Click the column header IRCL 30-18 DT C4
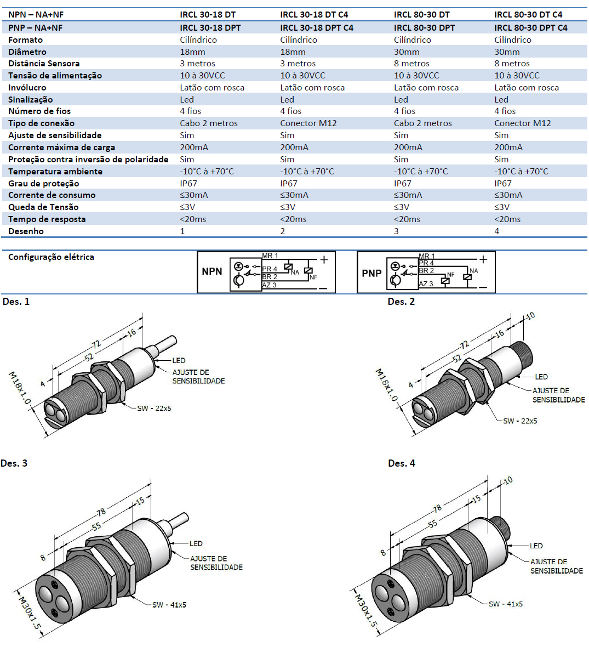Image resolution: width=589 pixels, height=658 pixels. coord(314,15)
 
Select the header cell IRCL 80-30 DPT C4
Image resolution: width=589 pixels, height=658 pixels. coord(530,27)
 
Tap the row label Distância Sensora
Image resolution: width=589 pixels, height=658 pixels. coord(44,64)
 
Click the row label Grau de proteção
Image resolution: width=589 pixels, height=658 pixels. coord(44,183)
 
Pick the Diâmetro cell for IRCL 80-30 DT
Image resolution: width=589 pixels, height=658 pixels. coord(407,52)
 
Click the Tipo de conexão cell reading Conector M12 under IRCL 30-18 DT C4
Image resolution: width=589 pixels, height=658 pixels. coord(308,123)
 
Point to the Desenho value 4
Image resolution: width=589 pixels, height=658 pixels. coord(497,231)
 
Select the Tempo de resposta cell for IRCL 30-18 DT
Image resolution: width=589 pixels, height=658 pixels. coord(193,219)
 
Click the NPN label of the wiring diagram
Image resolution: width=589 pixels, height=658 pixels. coord(212,271)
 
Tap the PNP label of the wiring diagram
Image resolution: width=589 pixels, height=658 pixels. coord(371,273)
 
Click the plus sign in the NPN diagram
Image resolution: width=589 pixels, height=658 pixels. coord(324,259)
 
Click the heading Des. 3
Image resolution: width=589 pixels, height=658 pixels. coord(14,463)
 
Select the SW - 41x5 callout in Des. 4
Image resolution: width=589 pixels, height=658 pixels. coord(505,604)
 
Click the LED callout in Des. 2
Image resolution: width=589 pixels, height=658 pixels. coord(541,377)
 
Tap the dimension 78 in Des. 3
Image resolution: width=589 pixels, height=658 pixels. coord(101,513)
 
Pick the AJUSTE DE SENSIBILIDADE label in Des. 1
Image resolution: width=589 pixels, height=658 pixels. coord(198,377)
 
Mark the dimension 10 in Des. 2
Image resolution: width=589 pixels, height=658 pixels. coord(530,316)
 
